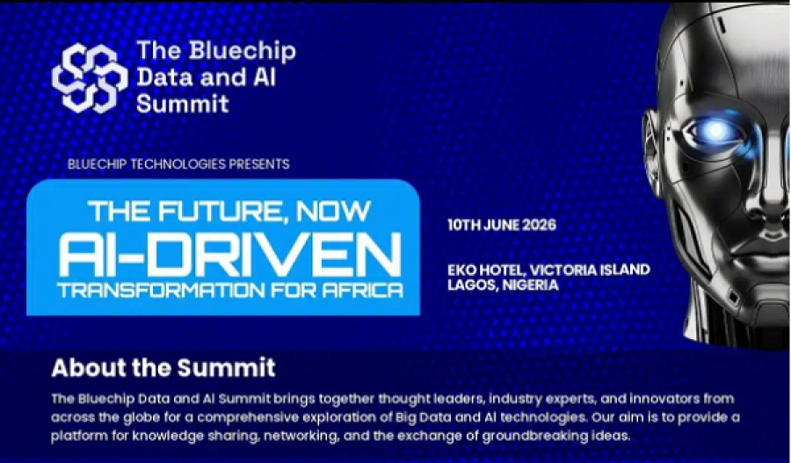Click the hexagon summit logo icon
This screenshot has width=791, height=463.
tap(90, 77)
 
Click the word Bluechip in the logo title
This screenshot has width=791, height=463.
tap(243, 52)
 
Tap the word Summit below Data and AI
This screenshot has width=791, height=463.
tap(183, 104)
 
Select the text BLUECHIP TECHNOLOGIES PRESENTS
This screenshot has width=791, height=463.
tap(178, 164)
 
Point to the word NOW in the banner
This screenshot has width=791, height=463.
tap(333, 211)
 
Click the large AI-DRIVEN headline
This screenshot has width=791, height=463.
tap(230, 254)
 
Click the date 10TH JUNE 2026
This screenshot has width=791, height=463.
tap(502, 225)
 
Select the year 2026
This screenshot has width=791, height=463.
tap(539, 225)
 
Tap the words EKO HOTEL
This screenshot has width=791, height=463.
tap(486, 270)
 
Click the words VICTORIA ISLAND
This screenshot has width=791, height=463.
tap(590, 270)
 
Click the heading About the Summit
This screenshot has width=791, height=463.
tap(163, 367)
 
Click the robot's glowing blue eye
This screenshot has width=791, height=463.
tap(715, 131)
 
